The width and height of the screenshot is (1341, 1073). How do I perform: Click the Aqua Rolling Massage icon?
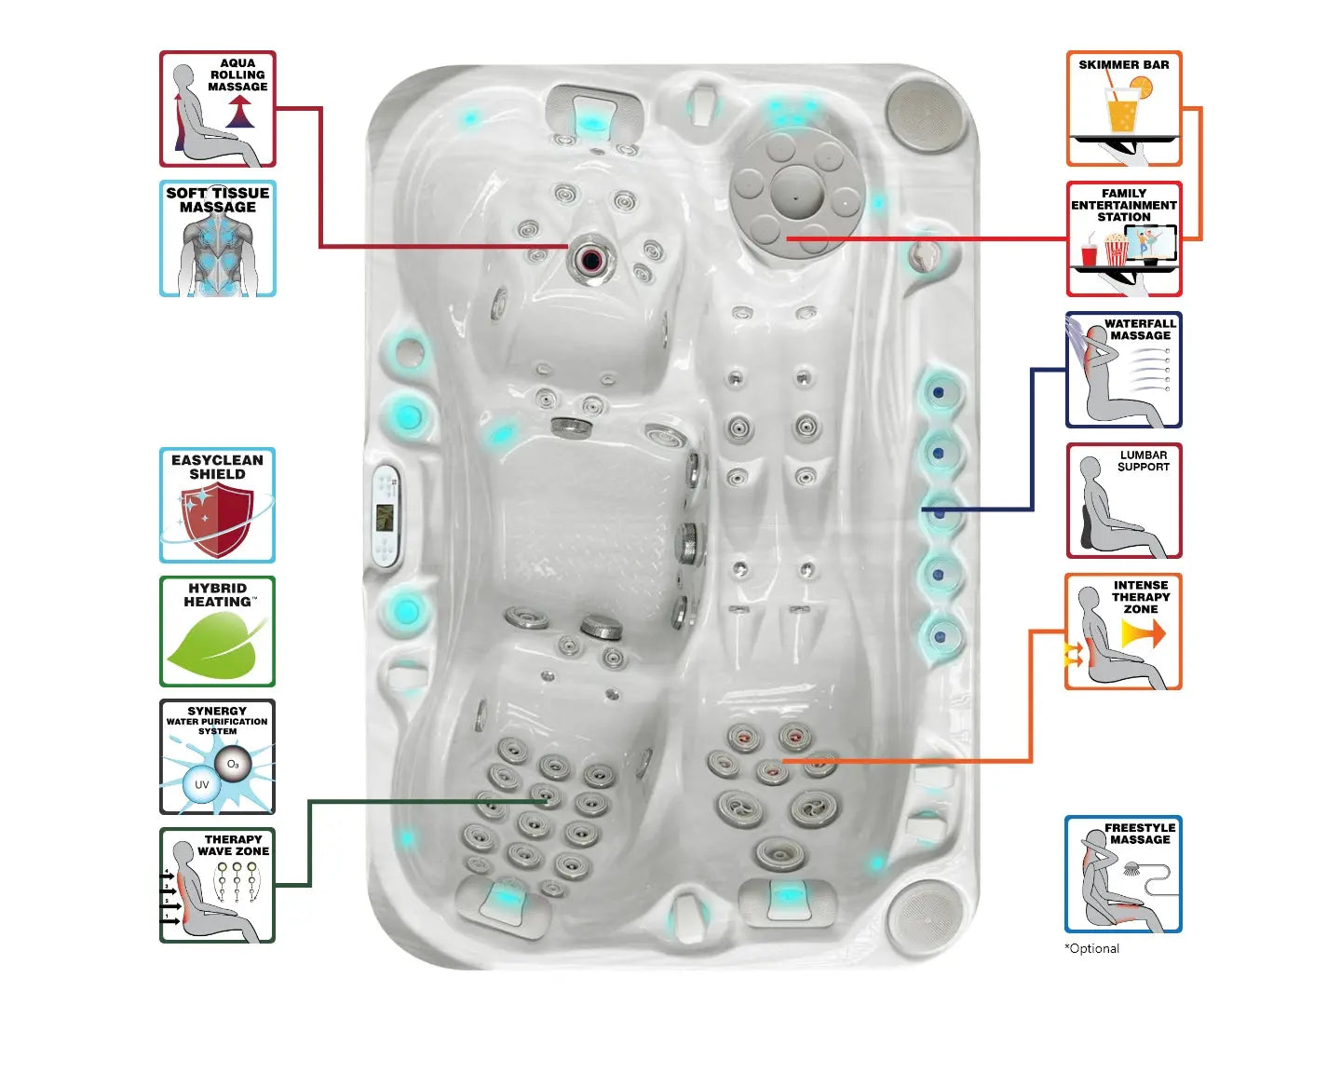[218, 109]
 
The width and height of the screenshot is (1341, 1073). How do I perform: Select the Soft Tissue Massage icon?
[218, 238]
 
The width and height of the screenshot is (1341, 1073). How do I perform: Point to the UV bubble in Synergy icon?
[201, 784]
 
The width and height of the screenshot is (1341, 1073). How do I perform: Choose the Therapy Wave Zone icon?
[217, 885]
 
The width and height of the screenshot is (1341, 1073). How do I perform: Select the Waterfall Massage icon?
[1123, 370]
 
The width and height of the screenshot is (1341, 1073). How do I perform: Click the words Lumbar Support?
[1144, 461]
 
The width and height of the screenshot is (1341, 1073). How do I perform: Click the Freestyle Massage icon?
[1123, 874]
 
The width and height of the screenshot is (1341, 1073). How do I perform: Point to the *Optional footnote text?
[1092, 948]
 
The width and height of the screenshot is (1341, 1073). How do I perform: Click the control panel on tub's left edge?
[386, 516]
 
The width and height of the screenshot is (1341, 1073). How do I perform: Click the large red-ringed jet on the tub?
[589, 259]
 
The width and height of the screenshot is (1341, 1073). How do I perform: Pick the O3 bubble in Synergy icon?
[232, 765]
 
